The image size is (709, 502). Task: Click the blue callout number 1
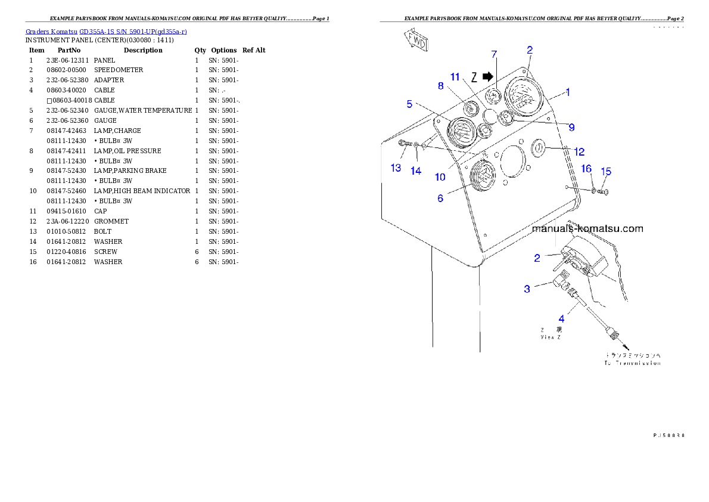tap(568, 92)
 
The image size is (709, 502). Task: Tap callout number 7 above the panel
tap(494, 54)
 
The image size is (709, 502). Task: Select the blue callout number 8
tap(441, 86)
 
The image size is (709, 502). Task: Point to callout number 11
tap(455, 77)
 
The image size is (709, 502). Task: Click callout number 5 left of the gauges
tap(409, 104)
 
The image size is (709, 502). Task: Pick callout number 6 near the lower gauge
tap(440, 199)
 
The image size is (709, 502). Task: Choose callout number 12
tap(579, 151)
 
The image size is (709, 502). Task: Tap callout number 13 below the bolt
tap(396, 168)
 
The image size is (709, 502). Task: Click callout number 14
tap(416, 171)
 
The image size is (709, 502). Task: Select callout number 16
tap(586, 169)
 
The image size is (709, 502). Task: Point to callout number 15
tap(605, 172)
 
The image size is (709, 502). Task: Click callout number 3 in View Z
tap(527, 289)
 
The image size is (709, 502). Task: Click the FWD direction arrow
tap(415, 41)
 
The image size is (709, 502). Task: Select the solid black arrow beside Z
tap(489, 76)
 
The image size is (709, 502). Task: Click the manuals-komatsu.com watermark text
tap(587, 228)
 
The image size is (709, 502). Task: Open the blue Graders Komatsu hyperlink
tap(107, 31)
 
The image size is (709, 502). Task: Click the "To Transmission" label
tap(632, 362)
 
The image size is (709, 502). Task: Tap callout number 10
tap(440, 177)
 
